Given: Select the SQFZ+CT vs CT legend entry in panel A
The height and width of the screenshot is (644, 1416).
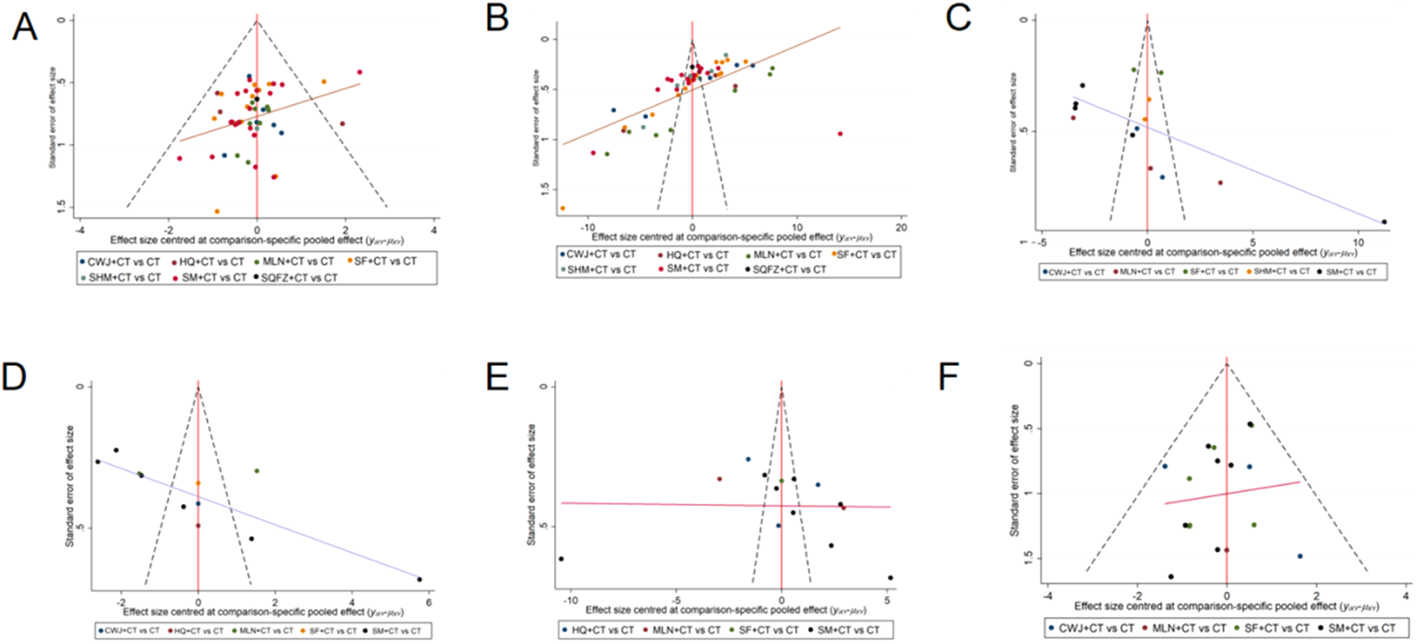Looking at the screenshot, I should point(300,277).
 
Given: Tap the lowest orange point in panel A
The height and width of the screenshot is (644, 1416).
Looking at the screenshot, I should point(217,212).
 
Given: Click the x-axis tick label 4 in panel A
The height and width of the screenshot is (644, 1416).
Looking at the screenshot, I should point(434,230).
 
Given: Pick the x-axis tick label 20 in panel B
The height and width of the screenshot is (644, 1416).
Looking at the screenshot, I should point(901,228).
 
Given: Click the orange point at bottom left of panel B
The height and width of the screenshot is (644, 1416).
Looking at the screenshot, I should point(563,208).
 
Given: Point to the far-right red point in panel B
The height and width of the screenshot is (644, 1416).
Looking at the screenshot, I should point(840,134).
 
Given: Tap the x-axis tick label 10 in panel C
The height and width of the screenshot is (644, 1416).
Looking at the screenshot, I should point(1358,242).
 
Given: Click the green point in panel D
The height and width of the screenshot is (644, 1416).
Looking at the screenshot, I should point(256,470).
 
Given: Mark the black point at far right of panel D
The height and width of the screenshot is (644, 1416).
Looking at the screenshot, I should point(419,579).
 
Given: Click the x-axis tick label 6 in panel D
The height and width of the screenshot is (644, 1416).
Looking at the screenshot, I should point(428,602).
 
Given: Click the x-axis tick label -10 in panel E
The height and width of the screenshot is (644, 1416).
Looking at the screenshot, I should point(570,601).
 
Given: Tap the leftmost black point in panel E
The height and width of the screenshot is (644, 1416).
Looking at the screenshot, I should point(561,559).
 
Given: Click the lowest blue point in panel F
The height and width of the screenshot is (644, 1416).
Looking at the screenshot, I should point(1299,556).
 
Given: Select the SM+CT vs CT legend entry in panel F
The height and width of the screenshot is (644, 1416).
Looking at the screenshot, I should point(1361,628).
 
